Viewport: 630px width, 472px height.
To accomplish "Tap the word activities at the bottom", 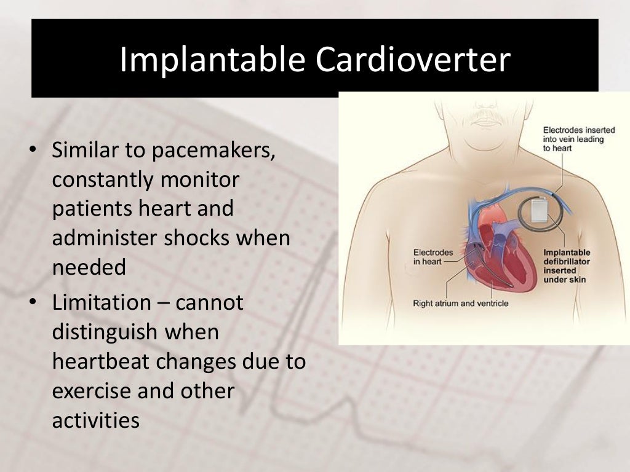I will click(x=96, y=420).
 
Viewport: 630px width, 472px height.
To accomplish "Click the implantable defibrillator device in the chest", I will click(x=539, y=210).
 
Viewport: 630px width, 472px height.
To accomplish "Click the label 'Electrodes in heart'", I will click(x=433, y=257).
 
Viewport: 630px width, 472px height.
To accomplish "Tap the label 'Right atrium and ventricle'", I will click(x=461, y=303).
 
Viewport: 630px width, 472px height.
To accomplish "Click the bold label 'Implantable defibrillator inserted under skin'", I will click(x=567, y=266).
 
